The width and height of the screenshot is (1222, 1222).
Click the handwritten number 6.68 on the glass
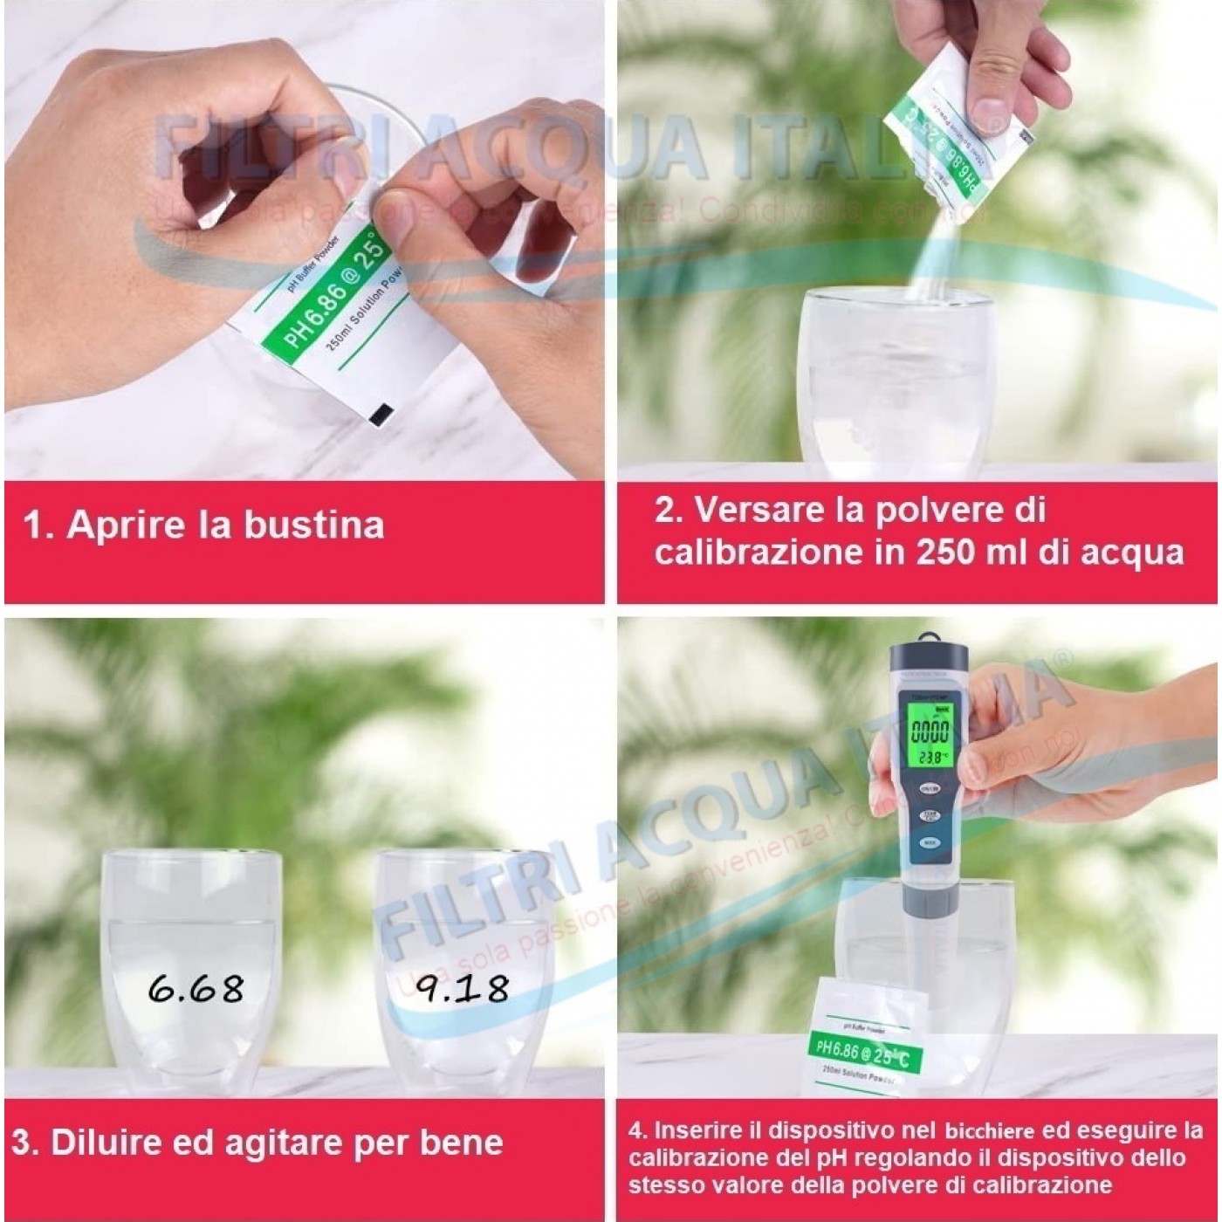click(x=196, y=988)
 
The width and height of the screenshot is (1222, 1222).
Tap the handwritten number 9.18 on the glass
click(x=462, y=988)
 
